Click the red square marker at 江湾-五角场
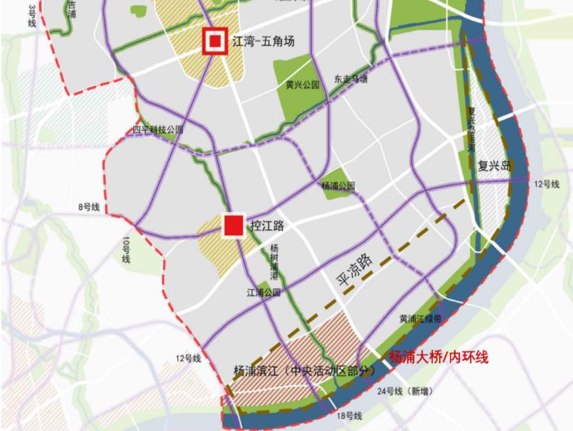pos(214,40)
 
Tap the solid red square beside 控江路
pos(233,225)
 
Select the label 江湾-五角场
pos(262,42)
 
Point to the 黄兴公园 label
pos(302,84)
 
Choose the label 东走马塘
pos(351,80)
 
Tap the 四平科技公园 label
pos(159,130)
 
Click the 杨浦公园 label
pos(338,186)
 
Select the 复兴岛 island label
pos(494,167)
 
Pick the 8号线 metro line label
pos(89,207)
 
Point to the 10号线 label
pos(127,250)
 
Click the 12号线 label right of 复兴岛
pos(547,184)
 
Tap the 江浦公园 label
pos(264,292)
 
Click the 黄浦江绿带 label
pos(420,319)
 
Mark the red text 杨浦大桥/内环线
pos(438,357)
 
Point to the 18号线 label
pos(349,416)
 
